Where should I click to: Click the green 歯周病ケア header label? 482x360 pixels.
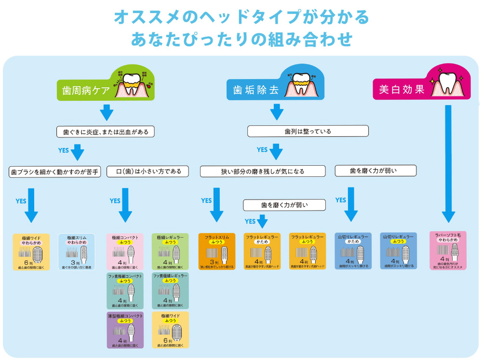(x=87, y=90)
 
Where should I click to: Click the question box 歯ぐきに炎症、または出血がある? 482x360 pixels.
(x=106, y=131)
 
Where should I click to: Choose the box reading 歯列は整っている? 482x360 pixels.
(x=308, y=131)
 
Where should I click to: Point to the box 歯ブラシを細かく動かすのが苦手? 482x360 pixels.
(x=55, y=171)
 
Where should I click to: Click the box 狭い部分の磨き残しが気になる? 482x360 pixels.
(x=263, y=171)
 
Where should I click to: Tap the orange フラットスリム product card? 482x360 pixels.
(x=217, y=251)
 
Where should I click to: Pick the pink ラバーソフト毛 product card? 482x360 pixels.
(x=448, y=251)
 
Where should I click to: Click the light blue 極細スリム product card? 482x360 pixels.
(x=78, y=251)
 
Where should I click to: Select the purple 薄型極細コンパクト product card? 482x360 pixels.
(x=125, y=330)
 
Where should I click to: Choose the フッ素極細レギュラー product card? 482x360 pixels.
(x=170, y=291)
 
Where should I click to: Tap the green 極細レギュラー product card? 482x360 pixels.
(x=170, y=251)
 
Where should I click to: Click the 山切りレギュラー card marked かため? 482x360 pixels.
(x=353, y=251)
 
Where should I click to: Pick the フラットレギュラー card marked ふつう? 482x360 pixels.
(x=308, y=251)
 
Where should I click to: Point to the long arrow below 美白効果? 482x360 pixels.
(x=448, y=164)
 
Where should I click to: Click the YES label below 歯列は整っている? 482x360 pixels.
(x=262, y=150)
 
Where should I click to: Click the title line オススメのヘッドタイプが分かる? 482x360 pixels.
(x=241, y=17)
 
